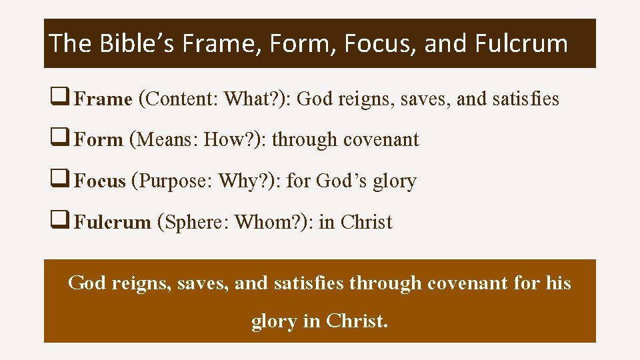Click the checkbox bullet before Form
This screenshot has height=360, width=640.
pos(57,140)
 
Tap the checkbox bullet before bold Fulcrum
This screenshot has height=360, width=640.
pos(57,222)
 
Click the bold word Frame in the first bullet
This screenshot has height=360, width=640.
pos(103,99)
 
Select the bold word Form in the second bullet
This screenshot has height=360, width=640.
pos(99,140)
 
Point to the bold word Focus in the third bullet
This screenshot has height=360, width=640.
pos(100,181)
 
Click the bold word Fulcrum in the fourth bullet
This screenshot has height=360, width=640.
pos(113,222)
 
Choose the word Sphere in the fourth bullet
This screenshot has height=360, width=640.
pos(195,222)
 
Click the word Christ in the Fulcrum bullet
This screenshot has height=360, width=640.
pos(366,222)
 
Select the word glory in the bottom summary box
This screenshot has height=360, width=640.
pos(274,321)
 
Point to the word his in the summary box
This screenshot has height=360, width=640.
pos(557,283)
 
